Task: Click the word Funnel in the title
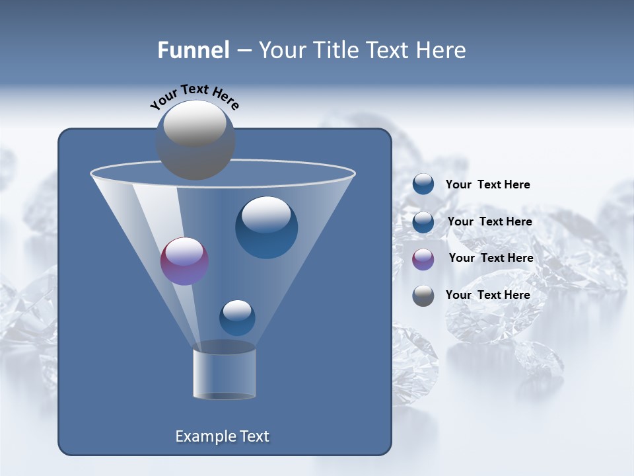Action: click(193, 50)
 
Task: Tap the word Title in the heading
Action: click(334, 50)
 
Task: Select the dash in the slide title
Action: click(243, 51)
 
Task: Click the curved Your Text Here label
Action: click(194, 96)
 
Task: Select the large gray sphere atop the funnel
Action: click(195, 139)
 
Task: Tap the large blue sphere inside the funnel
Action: click(266, 227)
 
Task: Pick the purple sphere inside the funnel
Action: click(184, 261)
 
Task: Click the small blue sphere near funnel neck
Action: click(237, 317)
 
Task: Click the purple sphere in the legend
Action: click(423, 259)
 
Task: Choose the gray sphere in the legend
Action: click(423, 296)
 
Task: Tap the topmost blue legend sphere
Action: click(423, 184)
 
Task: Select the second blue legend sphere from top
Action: click(423, 222)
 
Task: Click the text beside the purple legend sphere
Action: click(491, 258)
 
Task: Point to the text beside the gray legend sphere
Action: click(487, 295)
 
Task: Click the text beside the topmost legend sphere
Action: click(487, 184)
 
